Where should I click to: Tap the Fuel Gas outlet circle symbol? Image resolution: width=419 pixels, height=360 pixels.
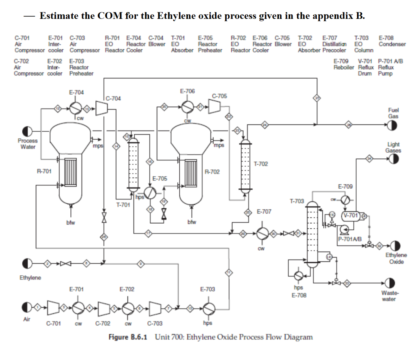click(392, 125)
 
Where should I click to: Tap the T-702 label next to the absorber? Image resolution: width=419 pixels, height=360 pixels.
click(261, 164)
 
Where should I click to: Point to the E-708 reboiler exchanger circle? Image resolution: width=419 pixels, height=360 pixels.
click(298, 276)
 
